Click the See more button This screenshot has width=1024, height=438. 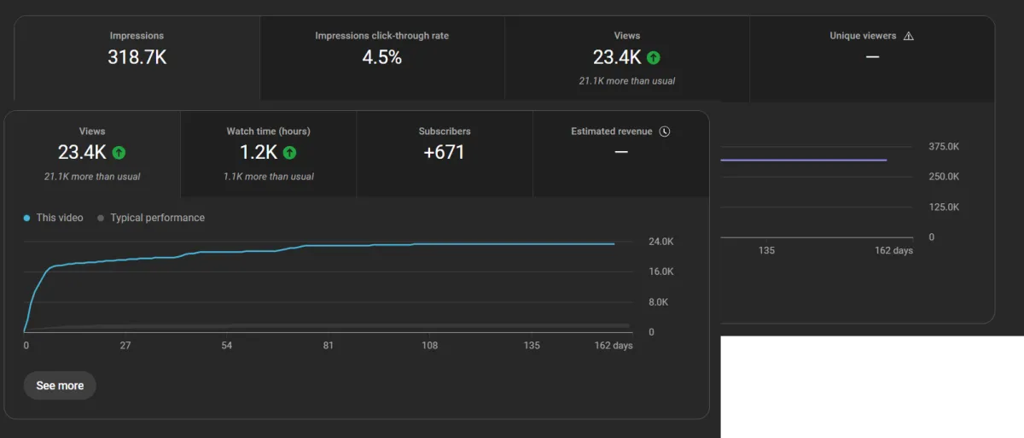(x=60, y=386)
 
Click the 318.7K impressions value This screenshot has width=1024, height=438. (x=137, y=58)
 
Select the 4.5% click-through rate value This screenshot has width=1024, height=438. (x=381, y=58)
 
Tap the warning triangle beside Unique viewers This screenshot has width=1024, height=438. (x=908, y=36)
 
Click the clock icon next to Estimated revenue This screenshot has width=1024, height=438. (x=666, y=131)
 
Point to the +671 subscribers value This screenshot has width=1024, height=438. (x=445, y=153)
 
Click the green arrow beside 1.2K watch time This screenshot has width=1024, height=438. (x=289, y=153)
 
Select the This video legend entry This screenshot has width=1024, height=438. (x=54, y=218)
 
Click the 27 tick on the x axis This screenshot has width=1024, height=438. (x=125, y=346)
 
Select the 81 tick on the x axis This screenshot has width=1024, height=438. (x=329, y=346)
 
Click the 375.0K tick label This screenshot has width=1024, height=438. (x=944, y=147)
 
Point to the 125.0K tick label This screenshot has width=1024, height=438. (x=944, y=207)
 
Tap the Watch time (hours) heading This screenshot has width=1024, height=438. (x=268, y=131)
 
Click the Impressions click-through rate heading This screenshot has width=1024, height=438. (x=381, y=36)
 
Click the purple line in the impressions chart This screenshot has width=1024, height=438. (x=802, y=160)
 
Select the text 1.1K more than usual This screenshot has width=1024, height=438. (x=268, y=177)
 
